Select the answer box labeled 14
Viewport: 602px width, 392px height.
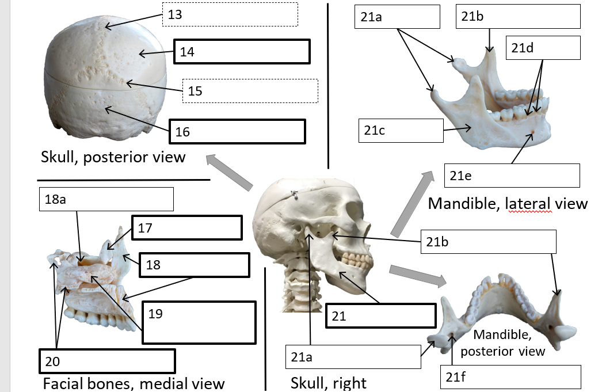242,52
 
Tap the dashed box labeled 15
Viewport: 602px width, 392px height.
250,91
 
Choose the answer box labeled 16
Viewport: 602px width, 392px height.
237,132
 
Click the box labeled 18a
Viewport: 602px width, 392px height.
106,199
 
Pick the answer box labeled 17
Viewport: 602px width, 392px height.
187,228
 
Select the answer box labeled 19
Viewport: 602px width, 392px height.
199,322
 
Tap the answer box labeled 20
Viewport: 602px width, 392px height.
106,361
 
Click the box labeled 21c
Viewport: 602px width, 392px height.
401,131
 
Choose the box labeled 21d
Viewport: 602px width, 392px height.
543,47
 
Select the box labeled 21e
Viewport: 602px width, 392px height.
512,176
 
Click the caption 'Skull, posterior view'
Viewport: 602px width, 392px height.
113,157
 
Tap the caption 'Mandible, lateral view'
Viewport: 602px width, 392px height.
508,203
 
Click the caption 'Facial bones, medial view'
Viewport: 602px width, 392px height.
134,383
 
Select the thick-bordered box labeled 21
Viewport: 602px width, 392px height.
380,315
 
